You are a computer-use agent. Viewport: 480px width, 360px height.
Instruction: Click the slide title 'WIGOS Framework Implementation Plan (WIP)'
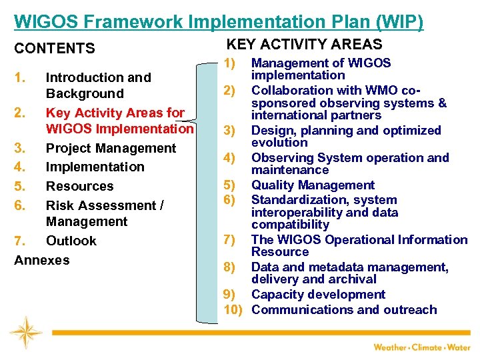tap(218, 21)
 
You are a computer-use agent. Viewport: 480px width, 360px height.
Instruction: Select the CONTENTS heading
tap(55, 49)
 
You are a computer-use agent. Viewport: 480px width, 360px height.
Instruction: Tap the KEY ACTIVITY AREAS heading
tap(305, 45)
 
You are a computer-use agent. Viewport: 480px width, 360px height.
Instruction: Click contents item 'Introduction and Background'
tap(98, 85)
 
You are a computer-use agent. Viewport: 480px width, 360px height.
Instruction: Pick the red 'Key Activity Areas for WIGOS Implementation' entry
tap(119, 121)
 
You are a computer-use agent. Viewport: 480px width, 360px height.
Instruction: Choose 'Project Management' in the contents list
tap(111, 148)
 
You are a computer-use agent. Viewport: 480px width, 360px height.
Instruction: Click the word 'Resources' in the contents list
tap(79, 186)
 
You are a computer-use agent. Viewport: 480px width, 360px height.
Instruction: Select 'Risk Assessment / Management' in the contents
tap(104, 213)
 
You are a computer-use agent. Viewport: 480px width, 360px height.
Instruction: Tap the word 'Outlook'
tap(71, 241)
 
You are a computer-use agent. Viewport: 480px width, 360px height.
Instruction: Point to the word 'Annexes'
tap(42, 260)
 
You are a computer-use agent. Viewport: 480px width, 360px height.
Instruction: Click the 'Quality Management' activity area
tap(313, 185)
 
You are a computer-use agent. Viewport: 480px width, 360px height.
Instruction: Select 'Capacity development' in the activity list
tap(318, 295)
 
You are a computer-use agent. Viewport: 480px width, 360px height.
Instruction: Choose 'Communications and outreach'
tap(344, 309)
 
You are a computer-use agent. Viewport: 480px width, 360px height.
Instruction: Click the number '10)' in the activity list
tap(233, 309)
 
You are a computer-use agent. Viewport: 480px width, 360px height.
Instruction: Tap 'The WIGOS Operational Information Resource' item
tap(359, 245)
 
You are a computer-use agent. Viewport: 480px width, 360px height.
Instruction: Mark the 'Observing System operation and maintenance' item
tap(349, 164)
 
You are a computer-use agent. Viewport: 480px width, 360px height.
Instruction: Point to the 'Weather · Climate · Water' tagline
tap(421, 347)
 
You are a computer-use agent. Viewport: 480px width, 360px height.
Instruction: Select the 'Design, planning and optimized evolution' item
tap(345, 136)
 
